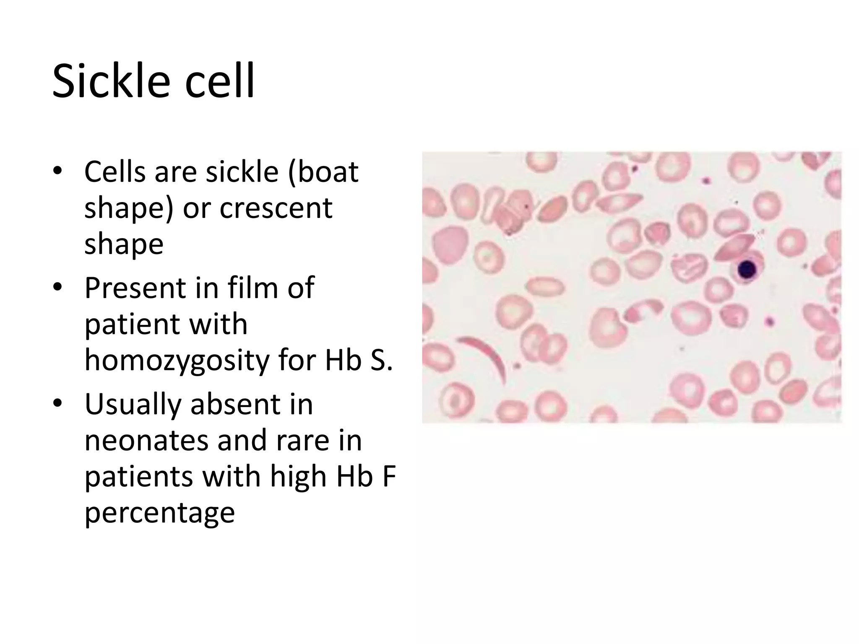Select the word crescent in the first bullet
(276, 208)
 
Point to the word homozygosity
(177, 360)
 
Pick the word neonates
(146, 441)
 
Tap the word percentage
(159, 513)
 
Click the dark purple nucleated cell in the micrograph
(746, 270)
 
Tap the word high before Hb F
(298, 477)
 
